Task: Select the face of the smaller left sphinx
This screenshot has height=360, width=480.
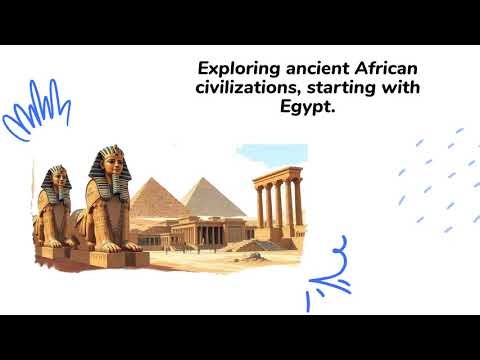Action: [x=56, y=185]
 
